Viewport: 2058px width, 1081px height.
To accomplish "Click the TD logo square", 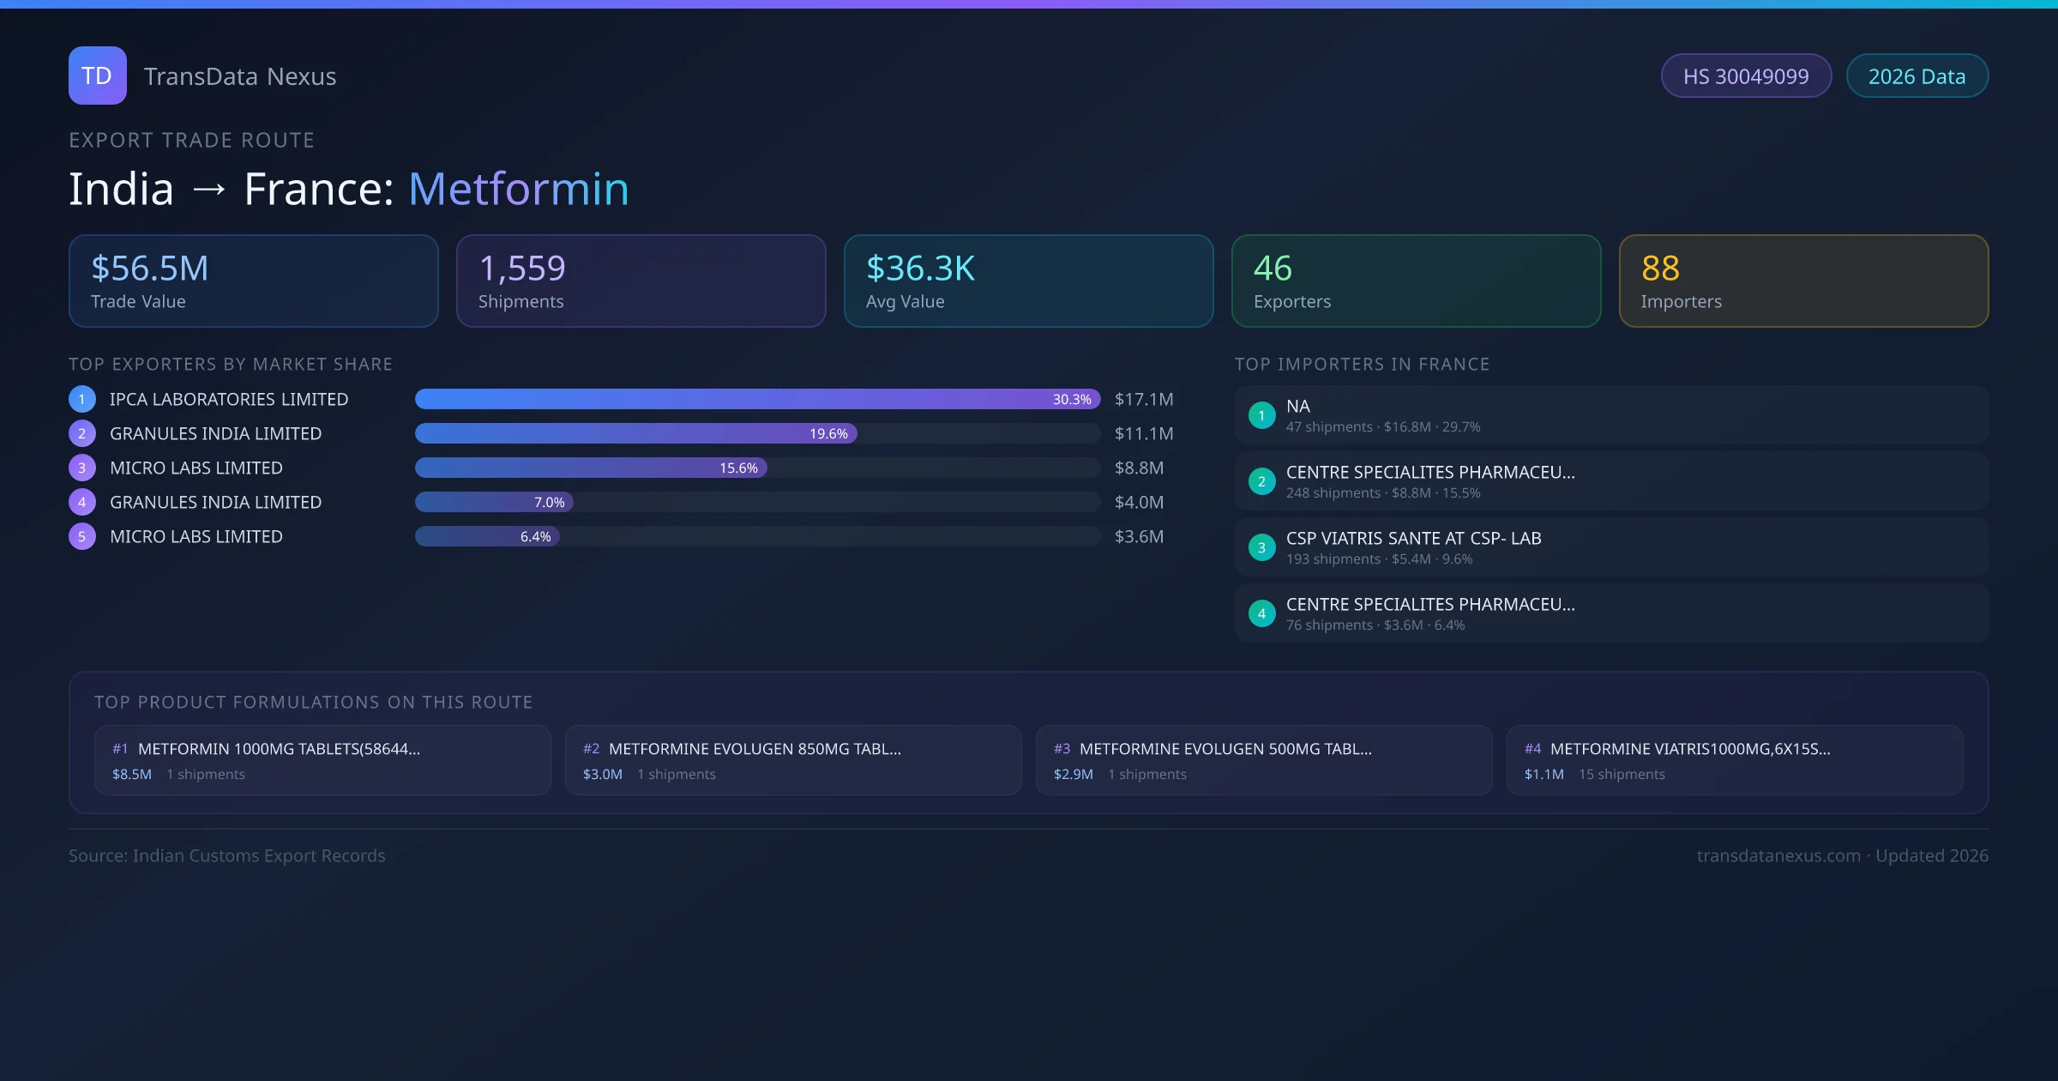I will (x=98, y=75).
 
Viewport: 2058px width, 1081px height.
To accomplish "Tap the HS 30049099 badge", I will (x=1746, y=76).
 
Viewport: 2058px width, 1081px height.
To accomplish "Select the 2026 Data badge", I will (x=1917, y=76).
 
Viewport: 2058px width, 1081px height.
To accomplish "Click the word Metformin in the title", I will (x=519, y=189).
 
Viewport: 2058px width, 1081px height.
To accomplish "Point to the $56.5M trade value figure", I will (x=150, y=269).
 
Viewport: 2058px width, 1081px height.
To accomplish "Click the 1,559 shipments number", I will (x=522, y=269).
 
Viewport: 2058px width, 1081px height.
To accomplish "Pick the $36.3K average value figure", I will (x=920, y=269).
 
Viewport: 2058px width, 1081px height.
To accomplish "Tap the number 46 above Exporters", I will (x=1273, y=269).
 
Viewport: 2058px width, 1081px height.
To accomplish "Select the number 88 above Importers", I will (x=1660, y=269).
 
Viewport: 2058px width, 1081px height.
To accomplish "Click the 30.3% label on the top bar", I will (x=1072, y=400).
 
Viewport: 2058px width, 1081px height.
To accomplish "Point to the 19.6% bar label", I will (x=828, y=434).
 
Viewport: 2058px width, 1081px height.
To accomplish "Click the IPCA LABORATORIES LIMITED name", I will (x=229, y=400).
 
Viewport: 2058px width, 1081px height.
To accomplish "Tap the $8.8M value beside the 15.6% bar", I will (x=1139, y=468).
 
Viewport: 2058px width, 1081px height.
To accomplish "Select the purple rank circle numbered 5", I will (x=82, y=537).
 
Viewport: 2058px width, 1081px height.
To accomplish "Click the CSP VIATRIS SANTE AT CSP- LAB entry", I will (x=1413, y=539).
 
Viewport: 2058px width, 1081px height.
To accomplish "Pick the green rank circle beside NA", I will (x=1261, y=416).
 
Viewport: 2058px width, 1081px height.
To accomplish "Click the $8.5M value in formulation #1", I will (x=132, y=775).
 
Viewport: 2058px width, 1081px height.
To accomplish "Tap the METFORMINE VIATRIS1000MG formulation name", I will (x=1690, y=749).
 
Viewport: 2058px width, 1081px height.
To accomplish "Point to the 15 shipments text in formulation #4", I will (x=1622, y=775).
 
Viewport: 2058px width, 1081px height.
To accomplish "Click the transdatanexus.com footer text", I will (x=1778, y=856).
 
